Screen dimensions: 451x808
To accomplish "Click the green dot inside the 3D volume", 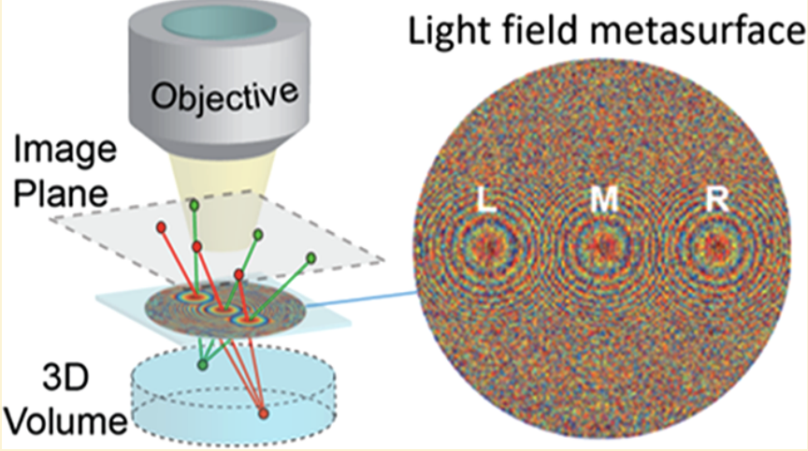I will pos(202,363).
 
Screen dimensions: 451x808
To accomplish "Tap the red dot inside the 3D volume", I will pos(263,413).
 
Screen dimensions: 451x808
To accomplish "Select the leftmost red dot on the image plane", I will pos(161,226).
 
